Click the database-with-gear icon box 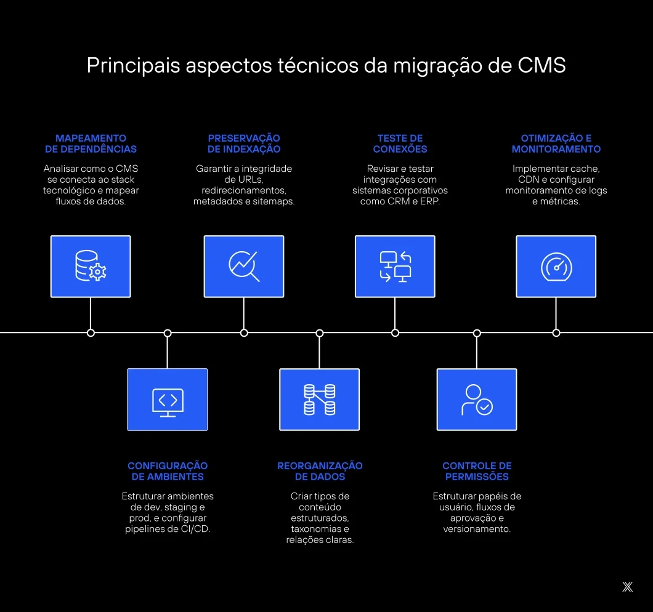tap(91, 266)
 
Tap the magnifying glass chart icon tap(244, 266)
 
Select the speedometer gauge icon tap(556, 266)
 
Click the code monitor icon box tap(168, 400)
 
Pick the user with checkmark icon tap(477, 400)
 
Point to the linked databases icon tap(319, 400)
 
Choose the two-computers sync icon tap(395, 266)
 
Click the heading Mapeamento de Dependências tap(91, 143)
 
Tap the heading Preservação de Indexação tap(244, 143)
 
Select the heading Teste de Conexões tap(400, 143)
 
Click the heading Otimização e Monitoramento tap(556, 143)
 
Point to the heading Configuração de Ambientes tap(168, 471)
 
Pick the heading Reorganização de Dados tap(320, 471)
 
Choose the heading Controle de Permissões tap(477, 471)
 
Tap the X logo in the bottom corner tap(627, 587)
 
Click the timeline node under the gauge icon tap(556, 332)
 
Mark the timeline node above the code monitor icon tap(168, 332)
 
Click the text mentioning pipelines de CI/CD tap(168, 529)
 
